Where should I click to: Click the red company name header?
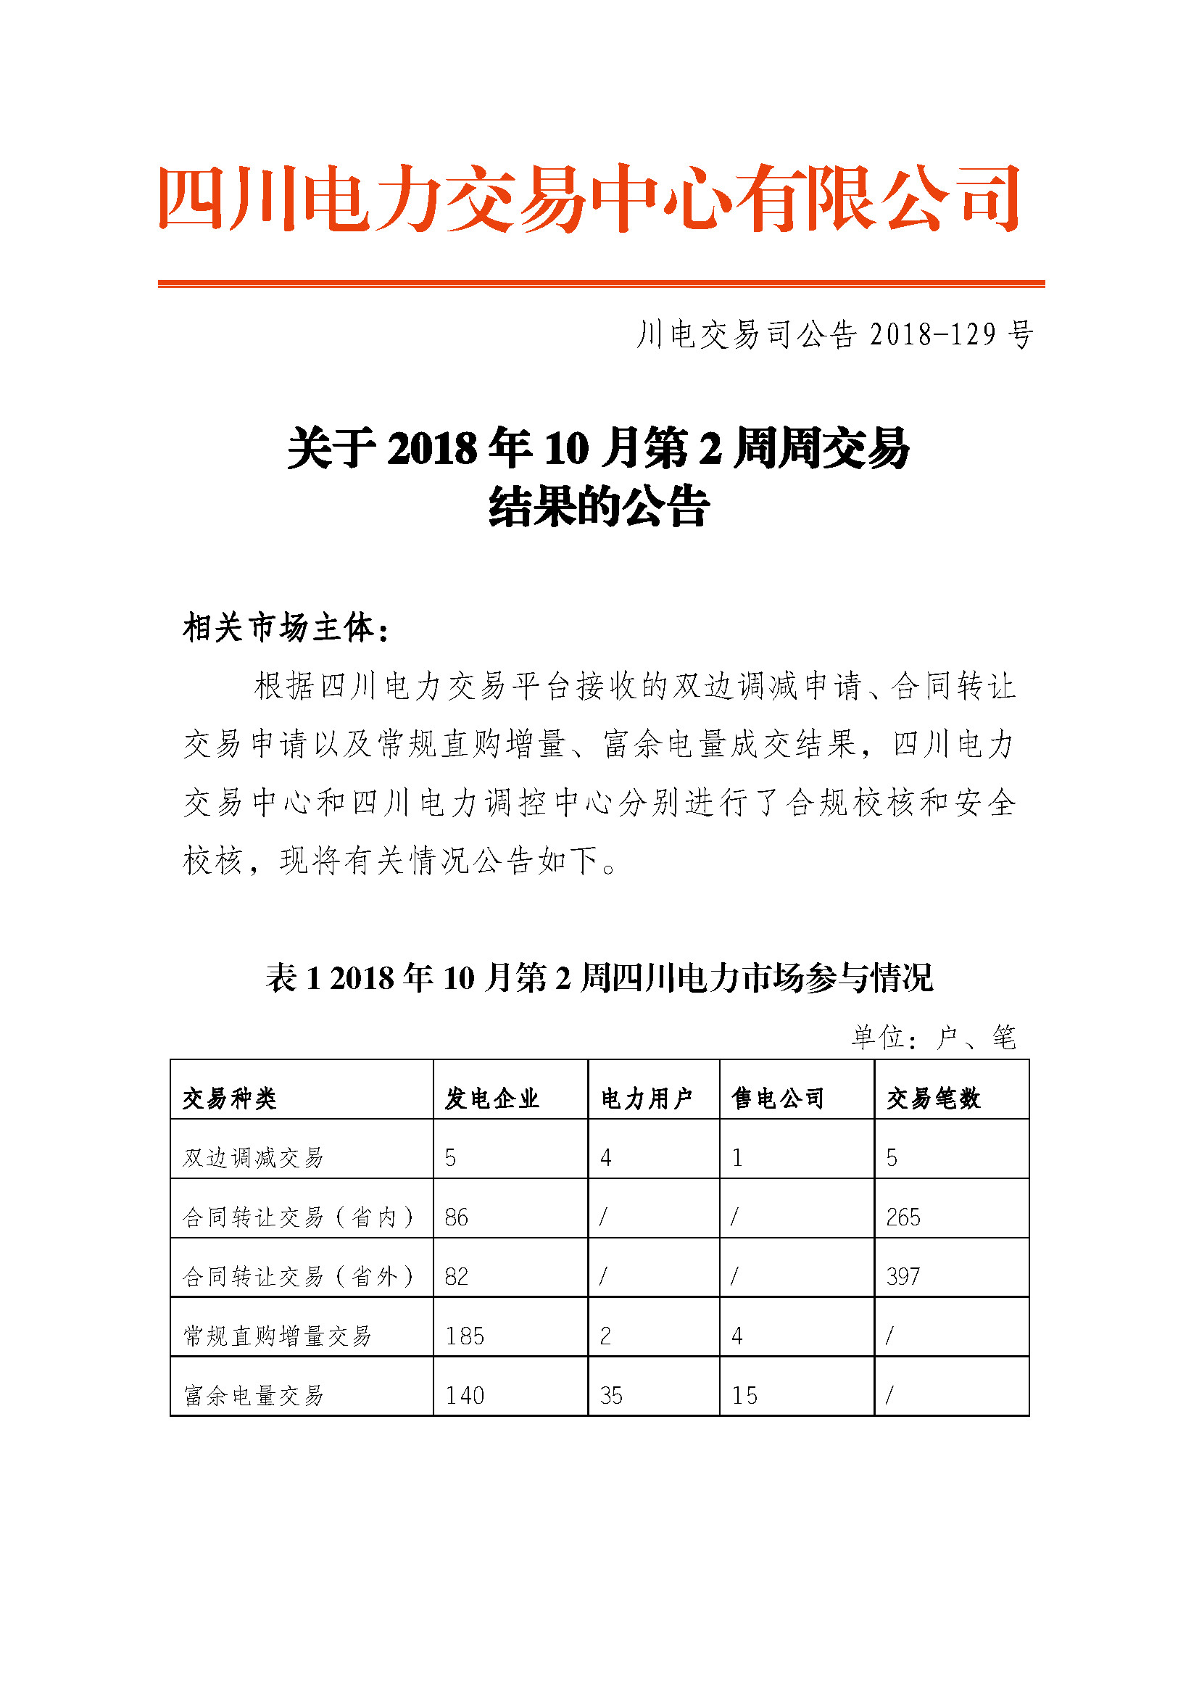(589, 198)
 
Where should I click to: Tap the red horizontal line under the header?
(601, 283)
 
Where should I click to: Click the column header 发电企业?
(491, 1099)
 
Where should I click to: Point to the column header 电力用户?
(647, 1099)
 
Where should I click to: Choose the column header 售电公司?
(778, 1099)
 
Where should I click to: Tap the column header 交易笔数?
(933, 1099)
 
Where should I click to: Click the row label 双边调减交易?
(253, 1157)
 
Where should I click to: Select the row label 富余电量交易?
(253, 1395)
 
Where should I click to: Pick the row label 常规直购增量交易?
(277, 1336)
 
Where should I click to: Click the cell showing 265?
(903, 1217)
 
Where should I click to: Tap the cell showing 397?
(903, 1276)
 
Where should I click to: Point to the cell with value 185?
(465, 1336)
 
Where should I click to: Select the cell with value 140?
(465, 1395)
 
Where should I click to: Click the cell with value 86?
(456, 1217)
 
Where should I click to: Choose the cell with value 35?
(610, 1395)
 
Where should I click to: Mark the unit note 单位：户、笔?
(933, 1037)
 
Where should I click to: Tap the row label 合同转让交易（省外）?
(298, 1276)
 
